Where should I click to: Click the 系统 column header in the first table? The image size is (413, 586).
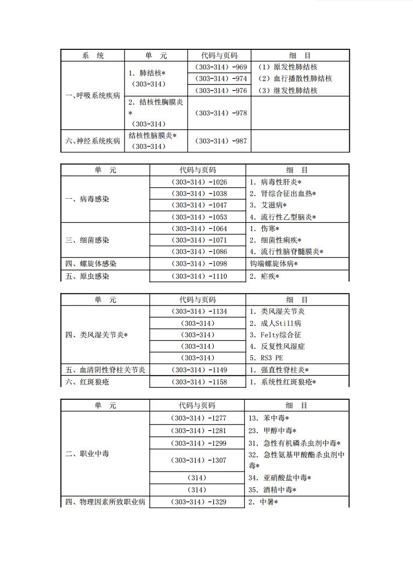point(93,55)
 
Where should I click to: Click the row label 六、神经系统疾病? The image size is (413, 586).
point(93,141)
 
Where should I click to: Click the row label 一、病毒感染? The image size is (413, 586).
point(87,199)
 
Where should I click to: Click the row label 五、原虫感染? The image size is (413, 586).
point(87,276)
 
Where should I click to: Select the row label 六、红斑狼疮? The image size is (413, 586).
point(87,382)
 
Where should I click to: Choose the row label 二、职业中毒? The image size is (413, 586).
point(87,453)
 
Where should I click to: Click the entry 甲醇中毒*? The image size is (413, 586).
point(273,430)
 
